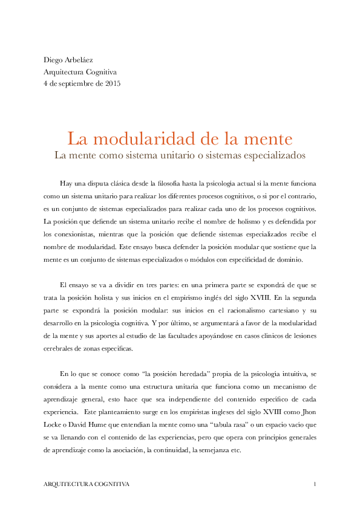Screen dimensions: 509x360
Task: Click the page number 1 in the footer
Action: (315, 485)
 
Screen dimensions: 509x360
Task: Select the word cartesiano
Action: (287, 310)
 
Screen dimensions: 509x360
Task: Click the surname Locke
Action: (54, 412)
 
